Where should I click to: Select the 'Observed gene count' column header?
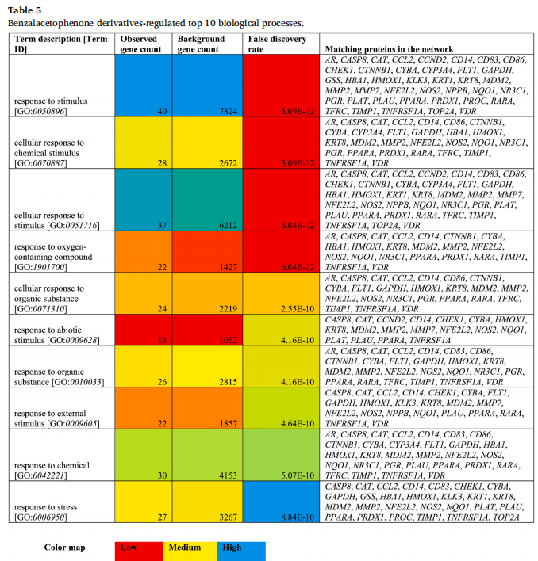140,44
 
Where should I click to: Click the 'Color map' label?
65,548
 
